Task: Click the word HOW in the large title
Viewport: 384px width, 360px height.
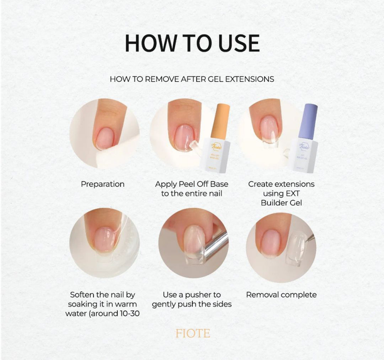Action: click(x=150, y=43)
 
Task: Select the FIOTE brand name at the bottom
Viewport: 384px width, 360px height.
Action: click(x=192, y=334)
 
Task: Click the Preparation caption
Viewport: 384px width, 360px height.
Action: click(x=102, y=184)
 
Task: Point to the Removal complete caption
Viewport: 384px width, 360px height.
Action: click(x=281, y=295)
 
